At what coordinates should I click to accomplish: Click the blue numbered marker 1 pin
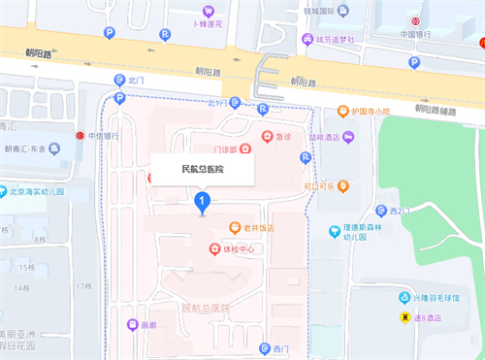[x=202, y=202]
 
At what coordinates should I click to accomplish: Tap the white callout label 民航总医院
[x=202, y=169]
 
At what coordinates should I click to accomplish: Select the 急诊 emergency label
[x=283, y=137]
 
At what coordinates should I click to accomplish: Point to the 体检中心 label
[x=239, y=249]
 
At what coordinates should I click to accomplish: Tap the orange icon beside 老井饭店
[x=234, y=228]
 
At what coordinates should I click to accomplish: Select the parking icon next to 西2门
[x=378, y=211]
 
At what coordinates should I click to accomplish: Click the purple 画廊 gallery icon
[x=133, y=324]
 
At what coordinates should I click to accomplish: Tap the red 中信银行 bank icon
[x=79, y=136]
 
